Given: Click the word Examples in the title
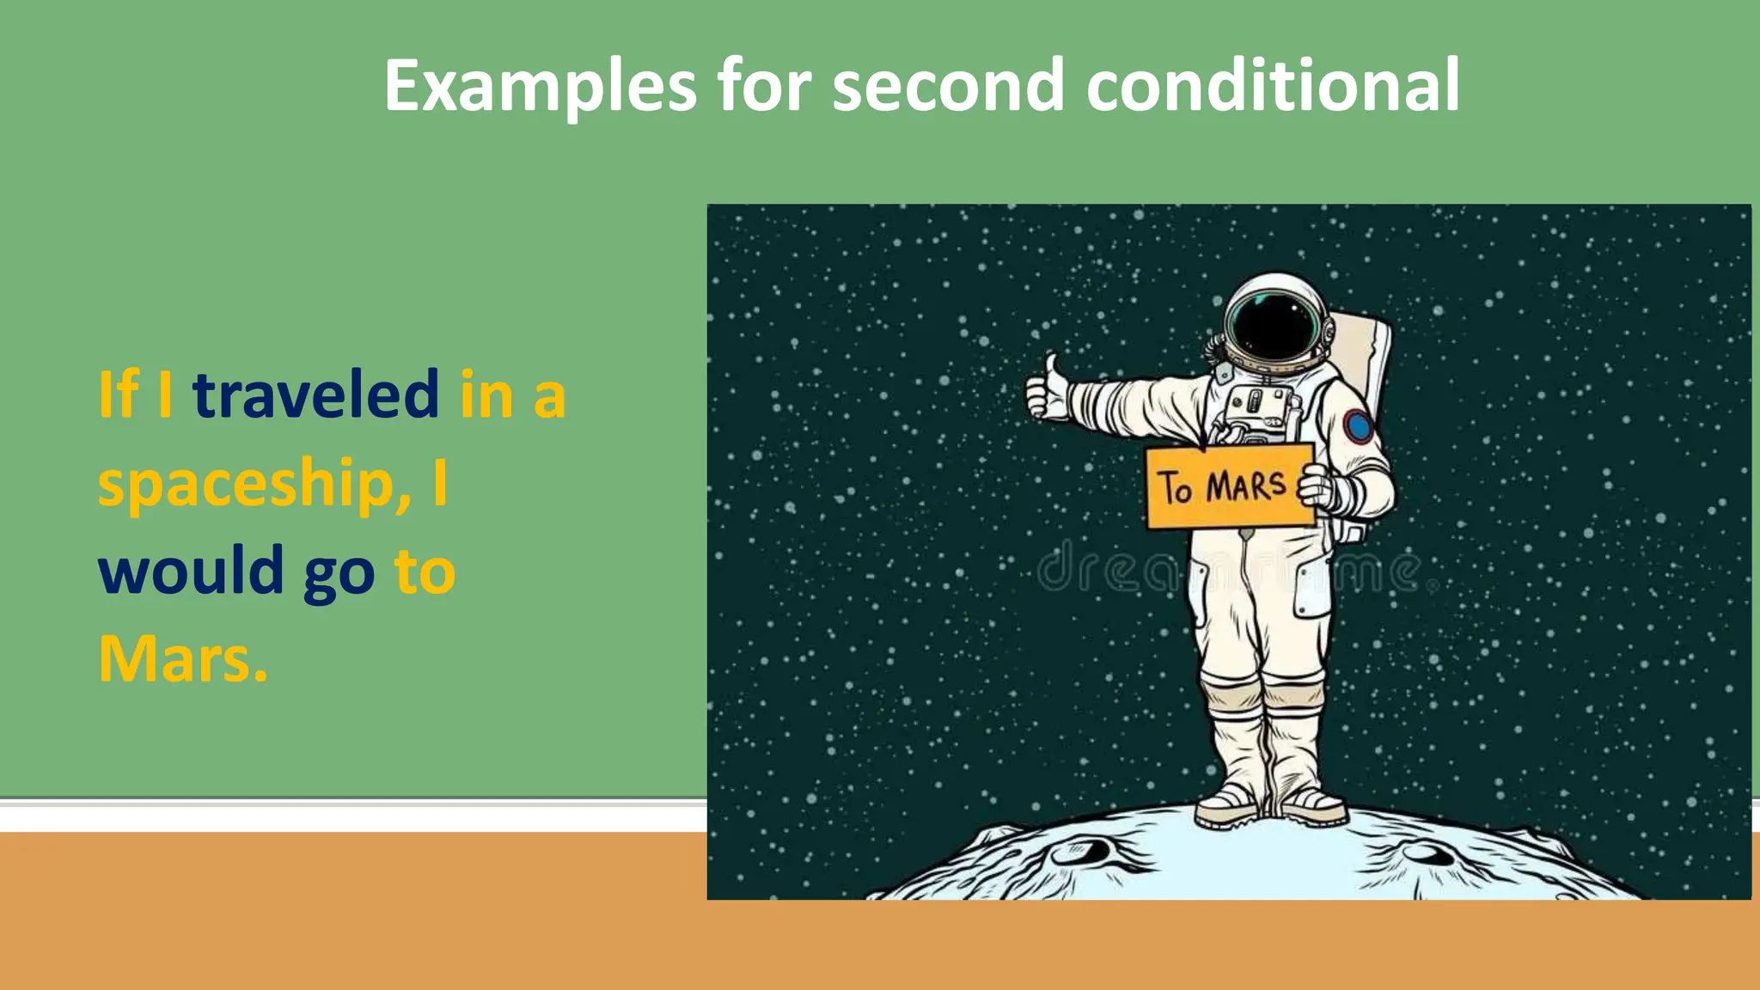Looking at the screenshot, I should point(540,86).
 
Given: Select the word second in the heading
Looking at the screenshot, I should point(948,86).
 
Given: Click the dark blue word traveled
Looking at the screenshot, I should point(316,394).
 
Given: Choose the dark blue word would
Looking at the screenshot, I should point(191,571).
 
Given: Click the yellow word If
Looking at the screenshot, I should point(119,394).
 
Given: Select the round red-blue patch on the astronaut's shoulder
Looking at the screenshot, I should point(1358,426).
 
